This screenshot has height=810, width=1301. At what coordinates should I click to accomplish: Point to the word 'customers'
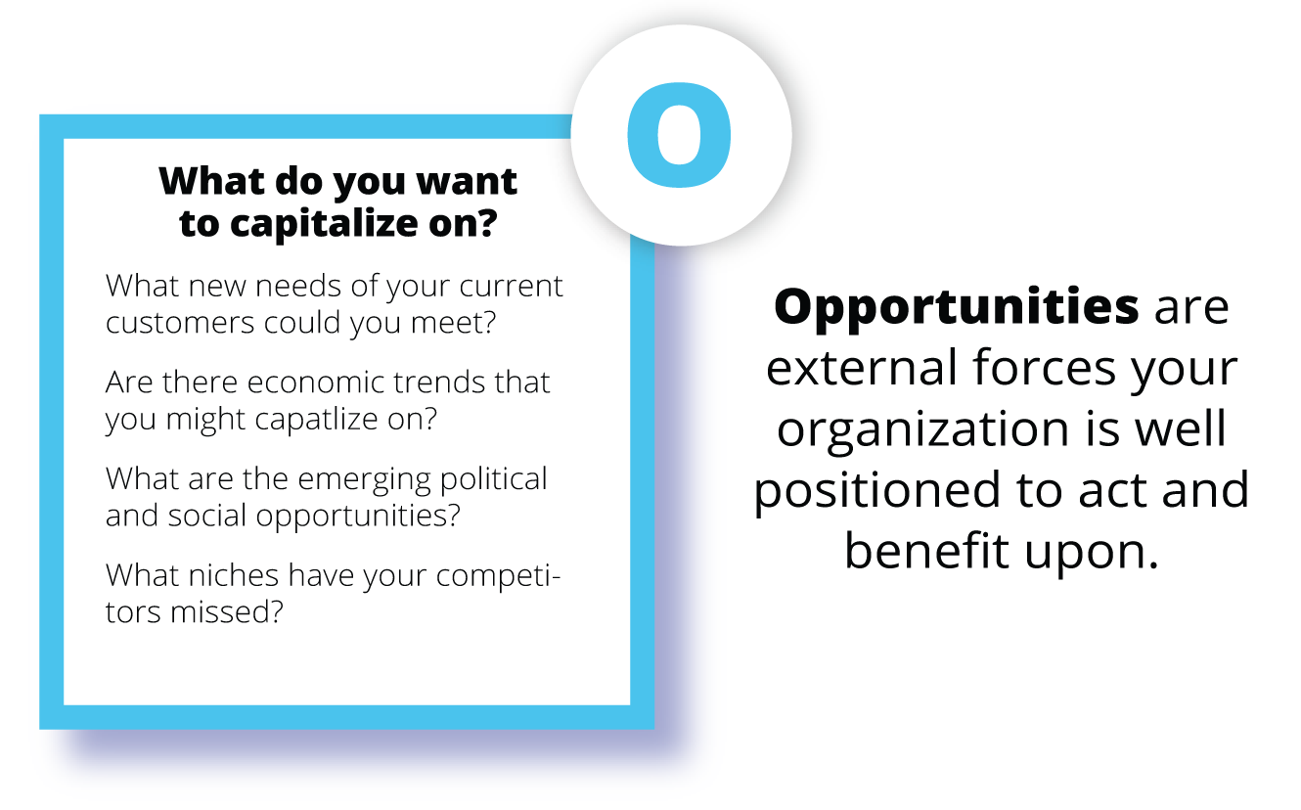pos(180,323)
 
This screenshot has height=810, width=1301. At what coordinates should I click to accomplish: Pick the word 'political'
pos(494,480)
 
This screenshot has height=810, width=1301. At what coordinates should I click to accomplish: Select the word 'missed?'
pos(227,612)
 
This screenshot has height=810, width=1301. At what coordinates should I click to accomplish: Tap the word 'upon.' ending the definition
pos(1092,554)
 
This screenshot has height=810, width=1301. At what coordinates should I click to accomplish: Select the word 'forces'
pos(1045,368)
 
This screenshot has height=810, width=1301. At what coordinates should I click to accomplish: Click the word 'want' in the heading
pos(467,182)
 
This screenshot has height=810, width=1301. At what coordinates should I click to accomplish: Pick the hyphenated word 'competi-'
pos(498,576)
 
